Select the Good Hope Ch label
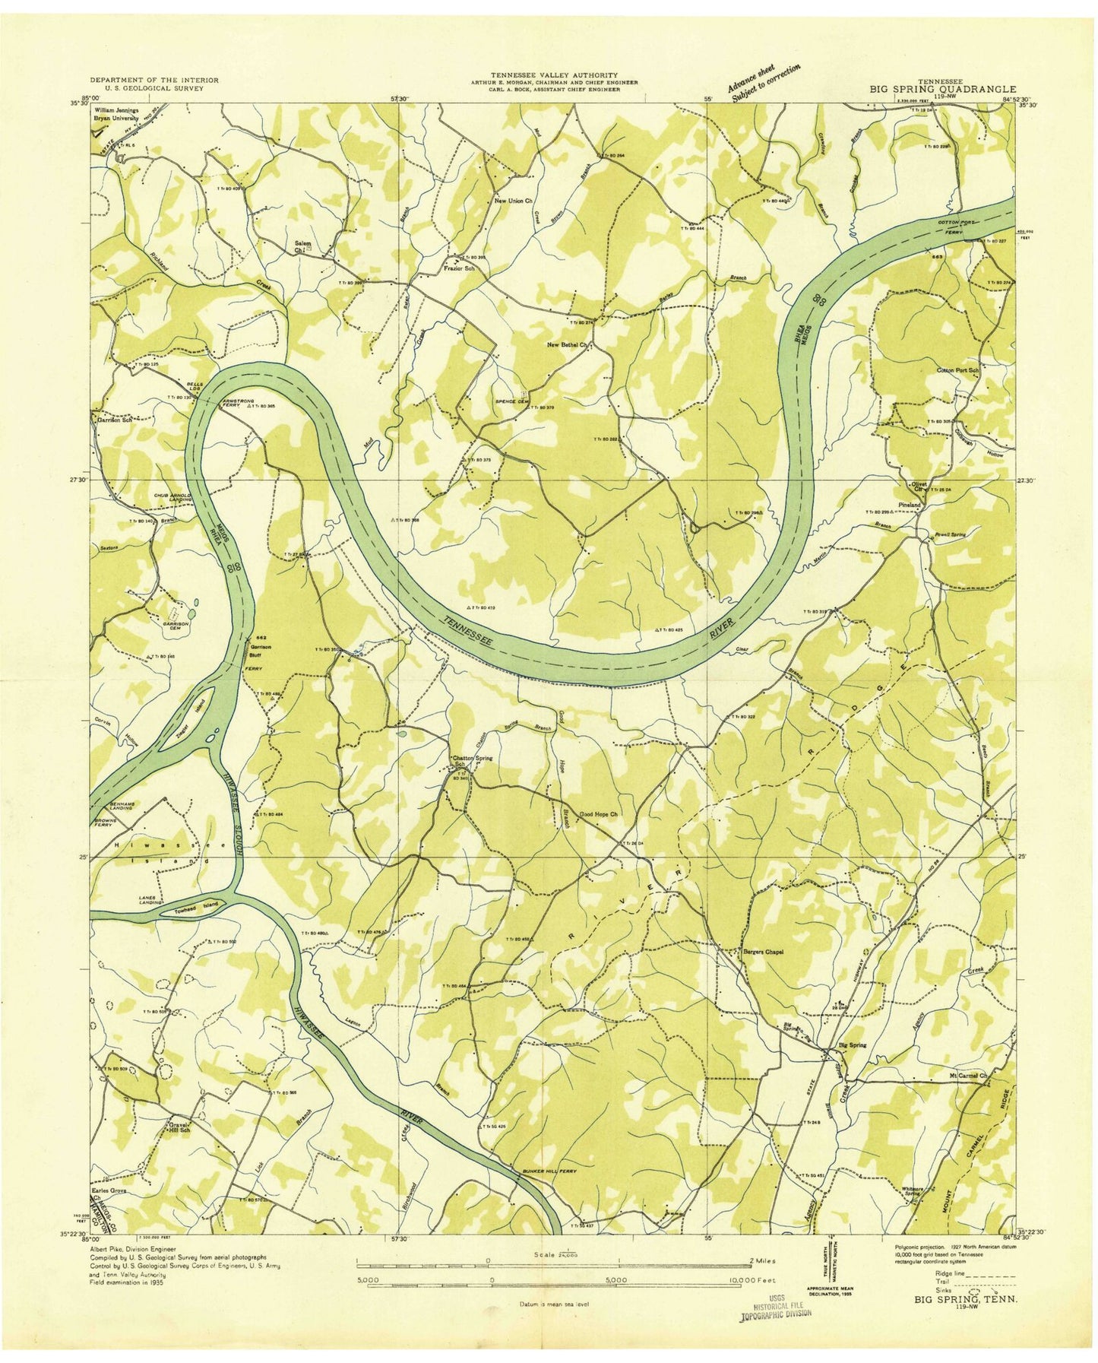[x=600, y=815]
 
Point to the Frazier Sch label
[x=459, y=268]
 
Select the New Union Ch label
[x=513, y=201]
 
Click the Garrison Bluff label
[x=261, y=651]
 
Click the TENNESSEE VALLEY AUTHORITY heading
[x=553, y=74]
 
